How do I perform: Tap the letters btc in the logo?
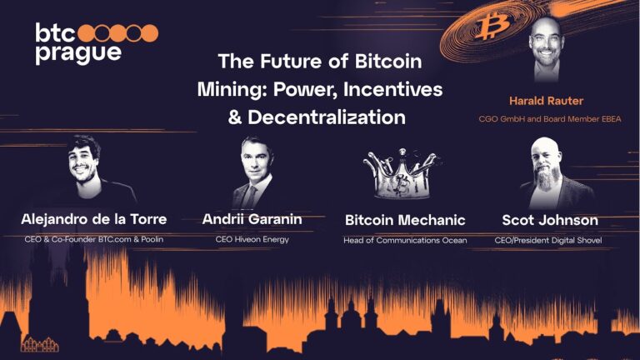coord(54,32)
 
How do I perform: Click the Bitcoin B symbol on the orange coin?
coord(488,28)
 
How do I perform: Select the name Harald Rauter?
coord(546,101)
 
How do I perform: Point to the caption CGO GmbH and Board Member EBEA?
coord(549,119)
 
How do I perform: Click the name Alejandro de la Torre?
coord(93,220)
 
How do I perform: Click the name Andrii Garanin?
coord(252,220)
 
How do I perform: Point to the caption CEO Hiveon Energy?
coord(252,239)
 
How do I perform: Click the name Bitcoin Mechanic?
coord(405,221)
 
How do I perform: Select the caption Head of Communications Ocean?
coord(405,240)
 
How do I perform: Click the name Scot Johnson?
coord(549,220)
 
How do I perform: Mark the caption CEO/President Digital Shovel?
coord(549,240)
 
